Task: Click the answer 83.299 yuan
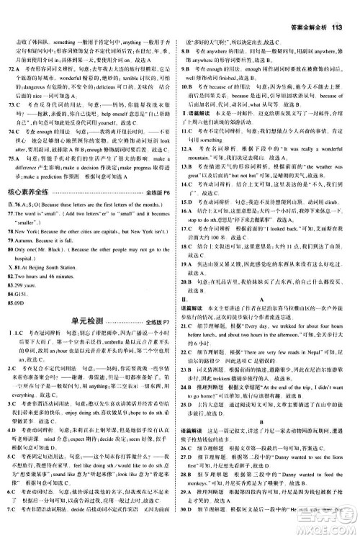click(29, 295)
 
